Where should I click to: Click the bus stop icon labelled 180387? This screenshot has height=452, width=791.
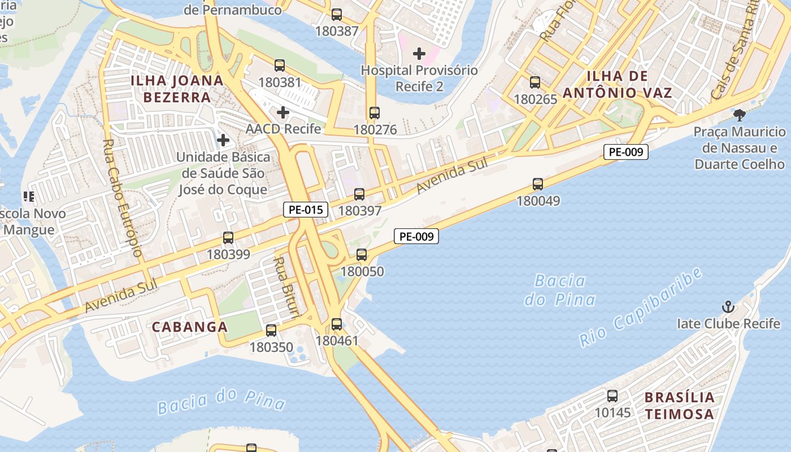(337, 15)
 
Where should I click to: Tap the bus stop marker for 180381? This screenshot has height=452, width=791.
(280, 66)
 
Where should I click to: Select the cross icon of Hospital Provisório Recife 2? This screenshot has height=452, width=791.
(419, 54)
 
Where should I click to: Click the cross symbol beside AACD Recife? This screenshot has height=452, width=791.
(283, 112)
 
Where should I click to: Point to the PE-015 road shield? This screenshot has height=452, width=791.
(305, 210)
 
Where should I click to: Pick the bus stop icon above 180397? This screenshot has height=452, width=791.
(359, 194)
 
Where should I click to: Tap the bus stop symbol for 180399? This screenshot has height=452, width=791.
(228, 238)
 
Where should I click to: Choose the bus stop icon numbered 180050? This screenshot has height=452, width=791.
(362, 255)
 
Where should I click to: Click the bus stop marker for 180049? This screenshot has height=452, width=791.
(538, 184)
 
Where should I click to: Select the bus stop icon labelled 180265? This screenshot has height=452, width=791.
(535, 82)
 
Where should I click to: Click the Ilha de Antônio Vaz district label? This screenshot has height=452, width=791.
(629, 84)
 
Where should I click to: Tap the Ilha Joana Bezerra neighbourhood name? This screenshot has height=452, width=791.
(177, 88)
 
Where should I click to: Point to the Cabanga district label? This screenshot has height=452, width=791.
(190, 327)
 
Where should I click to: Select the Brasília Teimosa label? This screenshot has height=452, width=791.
(680, 405)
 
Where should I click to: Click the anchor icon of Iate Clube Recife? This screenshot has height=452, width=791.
(728, 307)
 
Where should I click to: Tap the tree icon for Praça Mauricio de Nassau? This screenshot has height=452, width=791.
(739, 115)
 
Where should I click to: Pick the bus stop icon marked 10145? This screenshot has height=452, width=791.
(612, 396)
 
